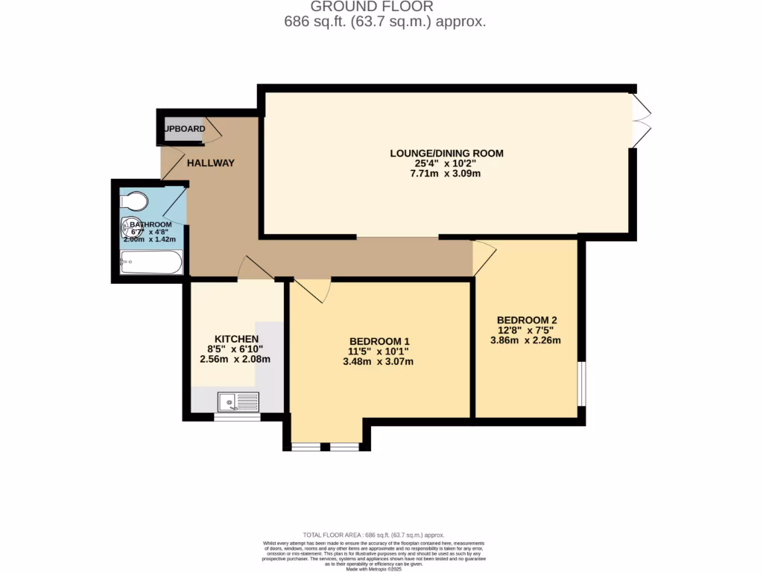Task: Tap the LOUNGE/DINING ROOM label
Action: tap(446, 153)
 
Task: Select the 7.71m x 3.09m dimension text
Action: tap(446, 174)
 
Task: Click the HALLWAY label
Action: tap(211, 163)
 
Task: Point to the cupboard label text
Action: tap(184, 129)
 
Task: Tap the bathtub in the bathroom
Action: tap(151, 262)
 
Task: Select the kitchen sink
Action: tap(238, 401)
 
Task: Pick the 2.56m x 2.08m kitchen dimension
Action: tap(235, 359)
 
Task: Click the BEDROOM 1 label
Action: tap(379, 341)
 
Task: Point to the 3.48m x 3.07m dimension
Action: tap(379, 362)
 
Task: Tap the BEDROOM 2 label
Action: tap(527, 320)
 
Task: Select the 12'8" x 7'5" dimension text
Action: tap(525, 330)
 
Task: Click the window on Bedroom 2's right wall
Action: tap(583, 384)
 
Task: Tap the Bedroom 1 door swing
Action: tap(313, 290)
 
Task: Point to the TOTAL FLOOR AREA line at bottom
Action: tap(373, 535)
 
